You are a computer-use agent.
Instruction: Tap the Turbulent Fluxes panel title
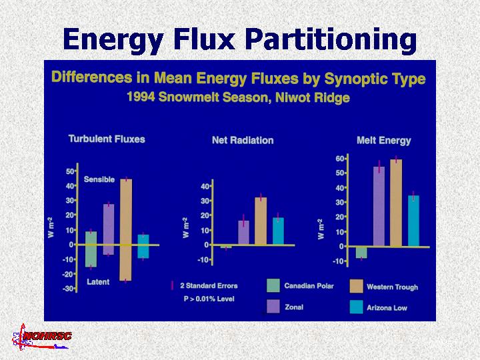107,139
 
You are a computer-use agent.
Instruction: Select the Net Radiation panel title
243,141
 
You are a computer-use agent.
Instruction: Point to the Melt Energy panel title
384,141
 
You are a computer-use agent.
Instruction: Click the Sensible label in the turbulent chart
99,179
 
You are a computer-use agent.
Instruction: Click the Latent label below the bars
98,282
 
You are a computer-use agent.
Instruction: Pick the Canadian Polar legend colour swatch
273,285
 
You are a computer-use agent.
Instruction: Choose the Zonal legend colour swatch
273,305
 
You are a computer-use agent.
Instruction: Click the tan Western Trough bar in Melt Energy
396,203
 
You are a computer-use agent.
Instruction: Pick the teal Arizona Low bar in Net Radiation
278,231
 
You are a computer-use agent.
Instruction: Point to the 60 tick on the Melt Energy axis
340,159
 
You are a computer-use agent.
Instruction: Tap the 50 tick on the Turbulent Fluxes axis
69,171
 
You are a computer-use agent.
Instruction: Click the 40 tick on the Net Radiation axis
205,186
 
